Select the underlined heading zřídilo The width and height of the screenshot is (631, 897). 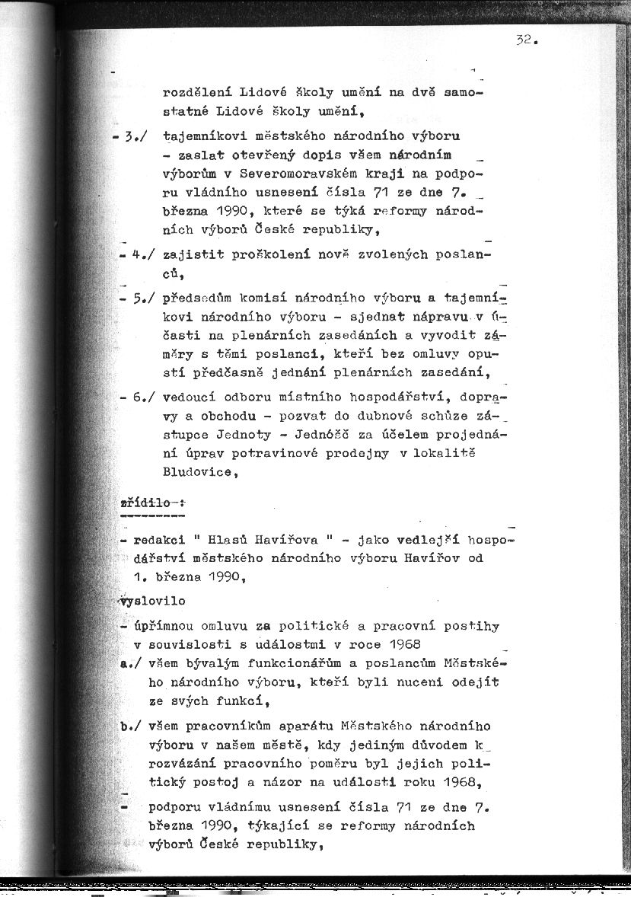coord(144,504)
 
